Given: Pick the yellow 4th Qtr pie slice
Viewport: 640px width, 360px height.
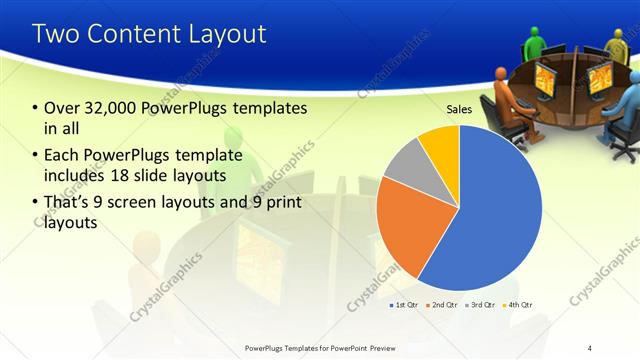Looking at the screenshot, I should click(x=440, y=142).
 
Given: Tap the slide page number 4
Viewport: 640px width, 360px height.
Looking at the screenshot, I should click(x=590, y=347).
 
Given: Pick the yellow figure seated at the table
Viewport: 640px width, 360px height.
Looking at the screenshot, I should click(x=617, y=45).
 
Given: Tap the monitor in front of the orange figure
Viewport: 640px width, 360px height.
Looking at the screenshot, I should click(x=545, y=80).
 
